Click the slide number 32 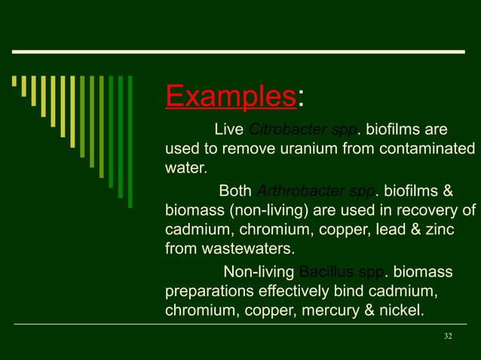pyautogui.click(x=448, y=336)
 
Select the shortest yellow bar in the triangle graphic pyautogui.click(x=14, y=81)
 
